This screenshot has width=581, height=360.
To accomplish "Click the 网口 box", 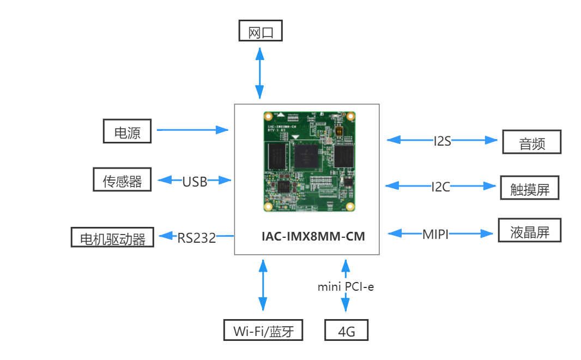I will pyautogui.click(x=261, y=31).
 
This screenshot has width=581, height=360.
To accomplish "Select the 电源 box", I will pyautogui.click(x=127, y=131).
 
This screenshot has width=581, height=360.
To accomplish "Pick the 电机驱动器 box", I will pyautogui.click(x=112, y=237).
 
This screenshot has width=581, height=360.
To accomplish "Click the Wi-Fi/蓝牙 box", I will pyautogui.click(x=263, y=330).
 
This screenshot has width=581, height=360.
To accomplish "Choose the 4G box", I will pyautogui.click(x=346, y=330).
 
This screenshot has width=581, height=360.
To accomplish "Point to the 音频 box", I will pyautogui.click(x=531, y=142).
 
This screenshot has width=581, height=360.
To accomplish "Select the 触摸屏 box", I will pyautogui.click(x=530, y=188).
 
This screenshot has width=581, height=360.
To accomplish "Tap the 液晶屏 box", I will pyautogui.click(x=529, y=231).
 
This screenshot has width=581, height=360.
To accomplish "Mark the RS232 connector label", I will pyautogui.click(x=196, y=237).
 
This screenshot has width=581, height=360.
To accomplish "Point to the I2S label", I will pyautogui.click(x=442, y=141).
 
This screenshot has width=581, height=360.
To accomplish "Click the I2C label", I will pyautogui.click(x=440, y=187).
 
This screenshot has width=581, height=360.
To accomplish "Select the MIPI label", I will pyautogui.click(x=435, y=235).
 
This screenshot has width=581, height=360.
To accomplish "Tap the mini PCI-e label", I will pyautogui.click(x=346, y=286).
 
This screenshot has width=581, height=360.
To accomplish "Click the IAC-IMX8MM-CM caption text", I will pyautogui.click(x=313, y=237).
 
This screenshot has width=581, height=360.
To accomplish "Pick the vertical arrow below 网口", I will pyautogui.click(x=260, y=73).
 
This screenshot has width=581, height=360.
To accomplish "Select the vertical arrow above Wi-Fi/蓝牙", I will pyautogui.click(x=263, y=285).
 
